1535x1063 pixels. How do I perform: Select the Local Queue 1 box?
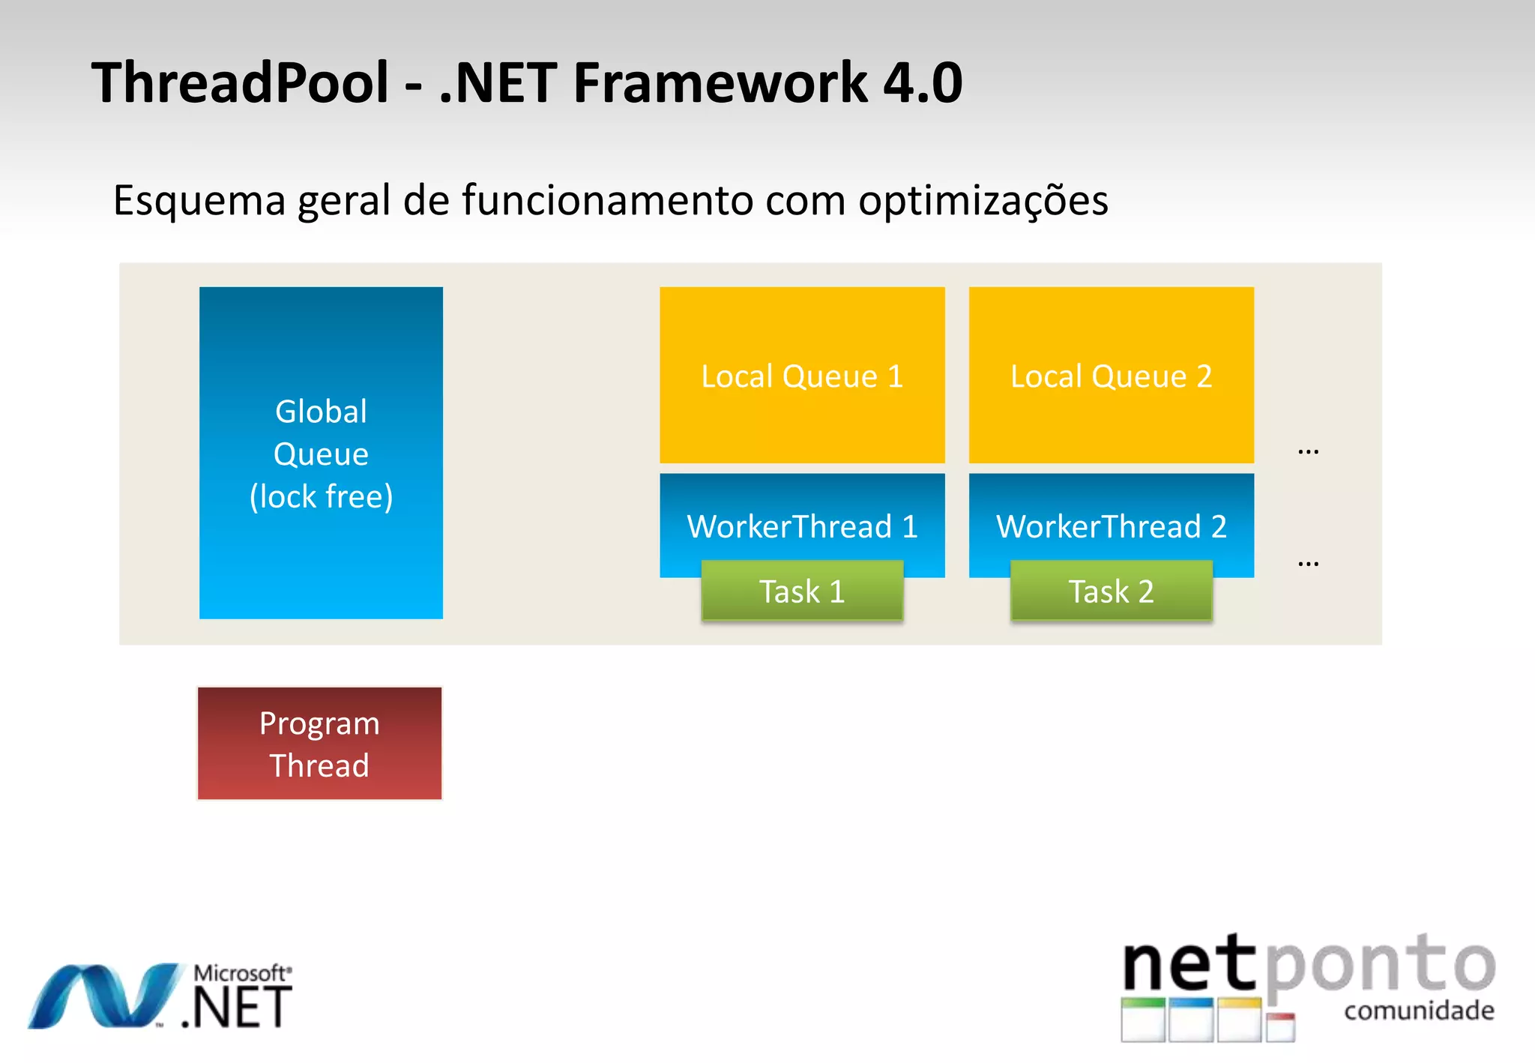(802, 376)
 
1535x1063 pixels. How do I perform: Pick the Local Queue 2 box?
(1111, 376)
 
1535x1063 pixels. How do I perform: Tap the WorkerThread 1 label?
(802, 526)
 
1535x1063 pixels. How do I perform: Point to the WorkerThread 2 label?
(1111, 526)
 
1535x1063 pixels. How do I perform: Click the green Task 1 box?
(802, 591)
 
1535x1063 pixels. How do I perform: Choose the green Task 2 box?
(1111, 591)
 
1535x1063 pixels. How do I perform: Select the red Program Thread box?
(319, 744)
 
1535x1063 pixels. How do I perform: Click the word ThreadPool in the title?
(240, 82)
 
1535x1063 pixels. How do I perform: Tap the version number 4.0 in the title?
(923, 82)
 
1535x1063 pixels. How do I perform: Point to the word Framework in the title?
(720, 82)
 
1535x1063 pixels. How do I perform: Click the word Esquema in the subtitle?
(199, 201)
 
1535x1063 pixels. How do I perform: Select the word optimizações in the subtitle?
(983, 201)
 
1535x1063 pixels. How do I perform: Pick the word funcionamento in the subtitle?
(607, 201)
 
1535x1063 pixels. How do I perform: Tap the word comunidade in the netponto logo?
(1419, 1011)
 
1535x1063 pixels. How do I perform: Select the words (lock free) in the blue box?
(321, 497)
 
